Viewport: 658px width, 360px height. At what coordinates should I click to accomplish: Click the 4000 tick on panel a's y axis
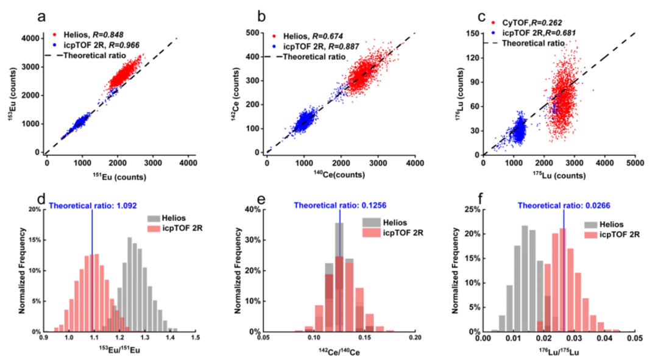(30, 39)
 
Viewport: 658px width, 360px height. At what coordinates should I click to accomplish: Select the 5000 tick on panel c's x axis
(635, 163)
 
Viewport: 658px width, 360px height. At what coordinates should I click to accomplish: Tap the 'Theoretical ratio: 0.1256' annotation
(338, 205)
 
